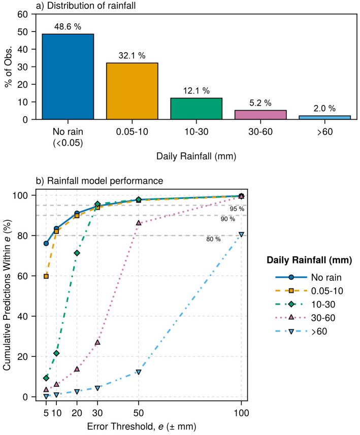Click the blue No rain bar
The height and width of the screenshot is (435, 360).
point(68,77)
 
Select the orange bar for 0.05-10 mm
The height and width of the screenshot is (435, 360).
point(132,91)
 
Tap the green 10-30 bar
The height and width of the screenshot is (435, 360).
point(196,109)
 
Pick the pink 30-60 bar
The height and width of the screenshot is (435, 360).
point(260,115)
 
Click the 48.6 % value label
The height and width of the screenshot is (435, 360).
point(68,26)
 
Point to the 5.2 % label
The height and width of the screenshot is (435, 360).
point(260,103)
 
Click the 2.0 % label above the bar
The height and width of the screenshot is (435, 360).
point(324,108)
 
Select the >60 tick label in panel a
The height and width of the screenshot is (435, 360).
point(325,131)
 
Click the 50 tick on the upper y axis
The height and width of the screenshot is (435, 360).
point(23,31)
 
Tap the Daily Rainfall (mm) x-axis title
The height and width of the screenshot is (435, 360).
point(196,156)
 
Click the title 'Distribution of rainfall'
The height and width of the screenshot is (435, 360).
point(91,6)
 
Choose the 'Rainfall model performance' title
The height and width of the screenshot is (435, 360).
point(105,181)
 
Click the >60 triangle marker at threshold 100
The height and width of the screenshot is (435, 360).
point(242,235)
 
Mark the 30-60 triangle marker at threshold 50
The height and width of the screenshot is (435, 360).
point(139,222)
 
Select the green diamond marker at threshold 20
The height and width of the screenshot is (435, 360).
point(77,253)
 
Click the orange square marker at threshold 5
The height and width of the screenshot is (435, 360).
point(46,276)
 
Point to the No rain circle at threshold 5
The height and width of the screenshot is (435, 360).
point(46,243)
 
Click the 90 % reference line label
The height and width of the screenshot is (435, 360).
point(228,219)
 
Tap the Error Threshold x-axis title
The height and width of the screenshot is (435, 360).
point(142,426)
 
